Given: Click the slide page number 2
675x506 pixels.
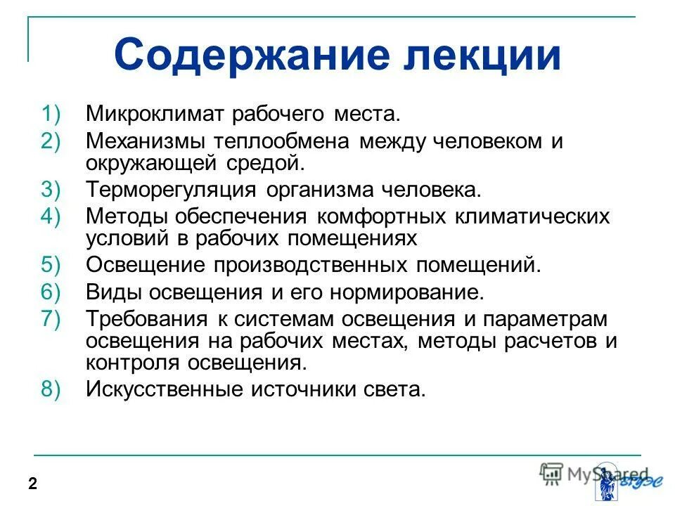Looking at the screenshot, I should [x=32, y=483].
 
